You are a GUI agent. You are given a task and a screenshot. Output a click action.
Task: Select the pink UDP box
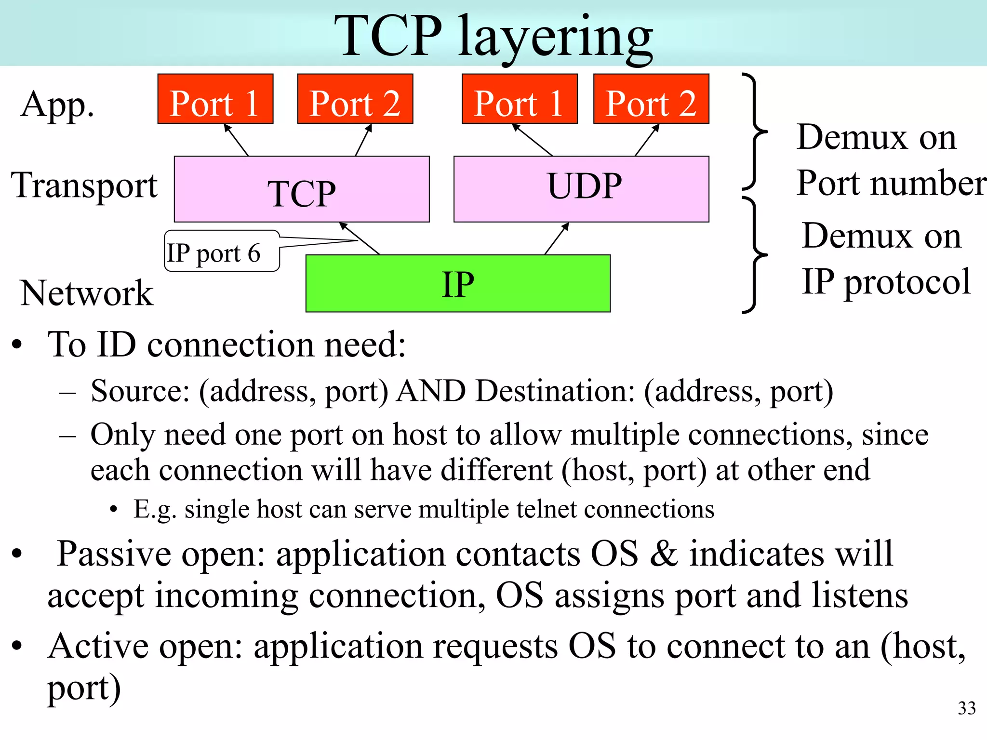[581, 189]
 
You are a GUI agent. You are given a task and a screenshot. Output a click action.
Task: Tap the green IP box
[458, 283]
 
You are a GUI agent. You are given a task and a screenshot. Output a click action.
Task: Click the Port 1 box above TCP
[215, 99]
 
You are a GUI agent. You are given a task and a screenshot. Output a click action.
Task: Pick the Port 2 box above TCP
[355, 99]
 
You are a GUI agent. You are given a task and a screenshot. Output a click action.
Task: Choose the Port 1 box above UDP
[520, 99]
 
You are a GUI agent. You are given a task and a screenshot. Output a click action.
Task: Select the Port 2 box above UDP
[651, 99]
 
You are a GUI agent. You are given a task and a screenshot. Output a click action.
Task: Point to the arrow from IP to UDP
[557, 238]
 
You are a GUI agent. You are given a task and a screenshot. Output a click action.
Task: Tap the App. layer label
[57, 105]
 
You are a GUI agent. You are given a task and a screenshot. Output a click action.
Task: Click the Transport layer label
[84, 185]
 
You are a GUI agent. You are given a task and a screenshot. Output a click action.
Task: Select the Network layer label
[87, 293]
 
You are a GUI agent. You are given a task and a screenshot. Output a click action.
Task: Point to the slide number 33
[966, 708]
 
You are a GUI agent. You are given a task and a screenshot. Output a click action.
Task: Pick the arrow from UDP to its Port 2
[647, 140]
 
